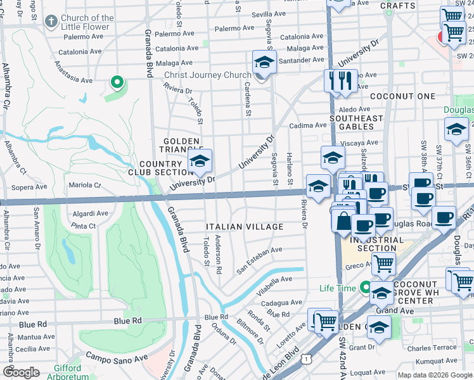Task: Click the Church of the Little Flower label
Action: coord(87,22)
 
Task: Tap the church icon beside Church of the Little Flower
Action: coord(51,22)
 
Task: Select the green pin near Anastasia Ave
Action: coord(117,82)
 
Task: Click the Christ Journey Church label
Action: coord(208,75)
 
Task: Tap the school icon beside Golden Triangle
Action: coord(200,162)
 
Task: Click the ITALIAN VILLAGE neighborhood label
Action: coord(245,227)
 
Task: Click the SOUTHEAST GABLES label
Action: coord(356,123)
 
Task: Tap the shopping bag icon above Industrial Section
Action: coord(343,222)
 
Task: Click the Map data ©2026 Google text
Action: coord(435,375)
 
